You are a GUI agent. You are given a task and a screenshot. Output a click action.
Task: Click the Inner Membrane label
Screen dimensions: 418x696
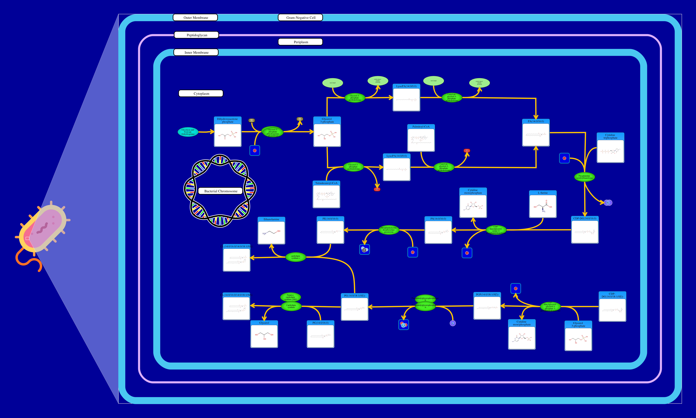[x=196, y=52]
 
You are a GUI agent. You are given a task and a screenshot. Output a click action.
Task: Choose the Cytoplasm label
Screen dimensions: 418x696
[x=201, y=93]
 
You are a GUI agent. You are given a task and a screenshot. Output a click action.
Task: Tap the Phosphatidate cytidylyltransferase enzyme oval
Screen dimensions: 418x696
[x=584, y=177]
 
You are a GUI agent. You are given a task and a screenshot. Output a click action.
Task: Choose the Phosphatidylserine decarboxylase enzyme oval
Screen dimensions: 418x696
[x=389, y=230]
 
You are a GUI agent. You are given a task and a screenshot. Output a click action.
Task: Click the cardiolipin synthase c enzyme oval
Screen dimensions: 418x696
[x=295, y=257]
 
